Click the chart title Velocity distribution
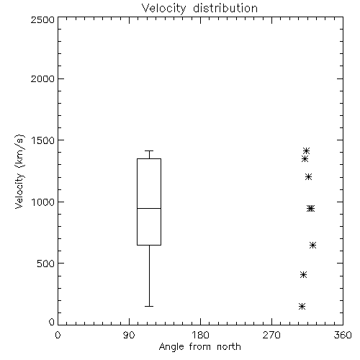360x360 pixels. click(x=199, y=8)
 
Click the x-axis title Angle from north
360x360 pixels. click(x=199, y=346)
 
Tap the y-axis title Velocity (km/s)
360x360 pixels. click(x=19, y=171)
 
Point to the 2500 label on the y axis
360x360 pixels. click(x=42, y=19)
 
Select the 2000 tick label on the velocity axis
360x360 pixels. click(x=42, y=78)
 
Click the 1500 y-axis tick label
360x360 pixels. click(x=43, y=140)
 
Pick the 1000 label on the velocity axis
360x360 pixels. click(x=43, y=202)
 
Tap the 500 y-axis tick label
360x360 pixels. click(x=46, y=264)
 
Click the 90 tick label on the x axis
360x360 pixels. click(x=129, y=335)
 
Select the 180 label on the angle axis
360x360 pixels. click(x=200, y=335)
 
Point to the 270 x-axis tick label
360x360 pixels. click(x=271, y=335)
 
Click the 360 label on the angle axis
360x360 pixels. click(x=343, y=335)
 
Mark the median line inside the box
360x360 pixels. click(x=149, y=208)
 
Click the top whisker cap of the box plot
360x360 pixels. click(x=149, y=150)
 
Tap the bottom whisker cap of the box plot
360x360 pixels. click(x=149, y=306)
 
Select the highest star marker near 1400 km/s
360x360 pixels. click(x=306, y=150)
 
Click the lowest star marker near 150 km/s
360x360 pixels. click(x=302, y=306)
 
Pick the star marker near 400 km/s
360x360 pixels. click(x=304, y=274)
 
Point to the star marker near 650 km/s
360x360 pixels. click(x=312, y=245)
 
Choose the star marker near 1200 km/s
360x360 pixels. click(x=309, y=177)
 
